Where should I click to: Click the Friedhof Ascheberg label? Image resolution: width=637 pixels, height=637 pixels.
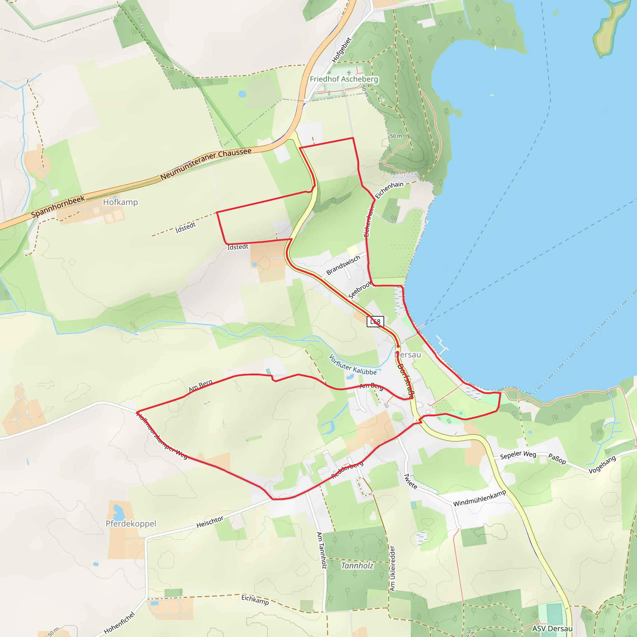click(344, 79)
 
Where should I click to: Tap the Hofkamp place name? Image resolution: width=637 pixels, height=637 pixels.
click(120, 202)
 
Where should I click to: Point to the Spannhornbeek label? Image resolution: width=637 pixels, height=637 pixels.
click(58, 207)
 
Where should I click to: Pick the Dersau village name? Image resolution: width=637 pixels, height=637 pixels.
click(408, 355)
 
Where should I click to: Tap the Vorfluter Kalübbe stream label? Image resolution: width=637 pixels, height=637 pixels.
click(352, 365)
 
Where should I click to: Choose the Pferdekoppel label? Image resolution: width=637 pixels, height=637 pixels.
click(131, 523)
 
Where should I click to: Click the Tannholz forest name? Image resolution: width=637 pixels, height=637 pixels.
click(357, 566)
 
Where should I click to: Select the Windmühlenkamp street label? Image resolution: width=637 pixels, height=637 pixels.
click(479, 498)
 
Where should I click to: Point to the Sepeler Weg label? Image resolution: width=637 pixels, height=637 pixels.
click(518, 455)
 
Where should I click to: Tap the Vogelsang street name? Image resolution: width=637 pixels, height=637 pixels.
click(602, 465)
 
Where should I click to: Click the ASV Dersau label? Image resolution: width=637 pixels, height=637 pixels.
click(552, 628)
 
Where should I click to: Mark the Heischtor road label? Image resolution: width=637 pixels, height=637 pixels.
click(210, 522)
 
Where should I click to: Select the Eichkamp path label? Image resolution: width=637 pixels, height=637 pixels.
click(255, 599)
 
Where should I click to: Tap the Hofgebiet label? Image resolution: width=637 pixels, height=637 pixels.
click(342, 50)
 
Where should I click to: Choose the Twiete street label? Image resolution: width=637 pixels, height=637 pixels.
click(411, 481)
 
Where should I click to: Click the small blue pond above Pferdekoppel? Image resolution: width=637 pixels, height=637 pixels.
click(118, 511)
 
